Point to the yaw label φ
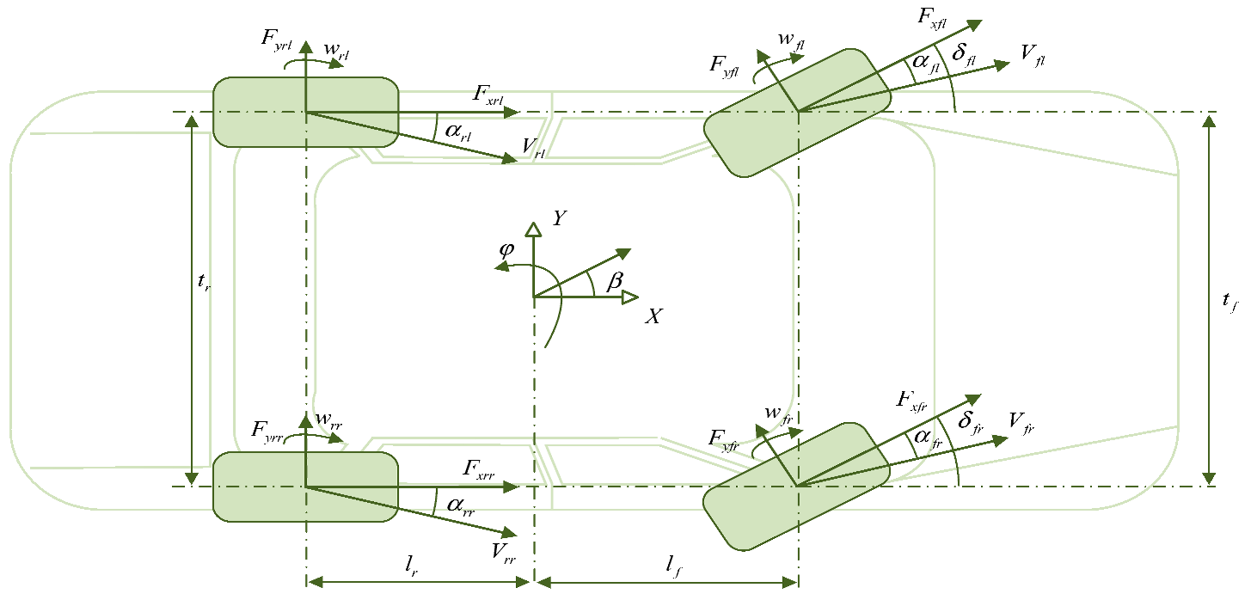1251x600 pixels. click(x=507, y=250)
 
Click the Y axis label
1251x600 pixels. click(x=560, y=219)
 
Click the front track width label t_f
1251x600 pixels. click(x=1230, y=301)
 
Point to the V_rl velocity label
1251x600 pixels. click(x=534, y=147)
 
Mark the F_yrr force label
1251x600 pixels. click(x=268, y=432)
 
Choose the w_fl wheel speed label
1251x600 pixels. click(x=790, y=41)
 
